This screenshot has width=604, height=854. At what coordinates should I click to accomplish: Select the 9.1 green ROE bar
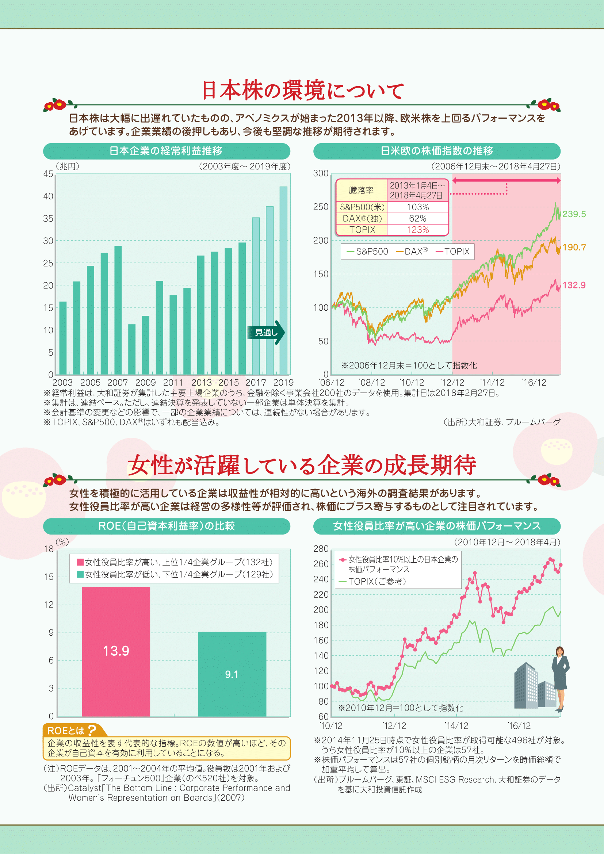[x=232, y=674]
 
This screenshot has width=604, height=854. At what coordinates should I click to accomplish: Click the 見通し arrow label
[x=266, y=332]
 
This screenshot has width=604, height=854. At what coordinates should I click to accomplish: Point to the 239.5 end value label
[x=574, y=214]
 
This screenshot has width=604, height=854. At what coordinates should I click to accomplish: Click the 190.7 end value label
[x=574, y=247]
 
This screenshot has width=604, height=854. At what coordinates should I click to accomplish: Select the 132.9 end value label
[x=574, y=285]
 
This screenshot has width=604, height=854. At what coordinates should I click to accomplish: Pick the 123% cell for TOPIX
[x=418, y=230]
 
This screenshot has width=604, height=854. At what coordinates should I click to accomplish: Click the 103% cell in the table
[x=418, y=207]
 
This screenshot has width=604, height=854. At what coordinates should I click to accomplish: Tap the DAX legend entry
[x=412, y=252]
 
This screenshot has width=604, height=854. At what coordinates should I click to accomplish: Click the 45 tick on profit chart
[x=48, y=174]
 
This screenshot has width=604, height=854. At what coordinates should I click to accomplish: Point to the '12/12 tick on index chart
[x=452, y=383]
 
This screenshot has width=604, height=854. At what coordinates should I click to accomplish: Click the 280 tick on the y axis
[x=321, y=549]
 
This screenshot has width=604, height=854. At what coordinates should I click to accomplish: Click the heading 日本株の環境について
[x=302, y=91]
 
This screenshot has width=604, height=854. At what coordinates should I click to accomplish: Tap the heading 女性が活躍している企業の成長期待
[x=302, y=465]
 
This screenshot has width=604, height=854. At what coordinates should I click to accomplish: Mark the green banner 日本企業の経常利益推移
[x=166, y=151]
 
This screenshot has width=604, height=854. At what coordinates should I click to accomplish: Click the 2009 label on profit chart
[x=145, y=383]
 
